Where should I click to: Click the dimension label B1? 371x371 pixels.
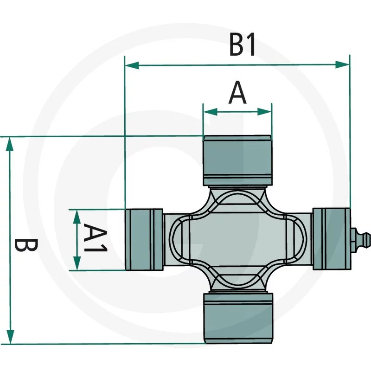[x=242, y=45]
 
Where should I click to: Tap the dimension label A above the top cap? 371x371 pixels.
[x=237, y=93]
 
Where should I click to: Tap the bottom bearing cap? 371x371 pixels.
[x=237, y=317]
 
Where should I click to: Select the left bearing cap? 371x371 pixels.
[x=144, y=239]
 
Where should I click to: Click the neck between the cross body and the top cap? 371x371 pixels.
[x=237, y=188]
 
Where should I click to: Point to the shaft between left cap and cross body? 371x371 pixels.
[x=169, y=239]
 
